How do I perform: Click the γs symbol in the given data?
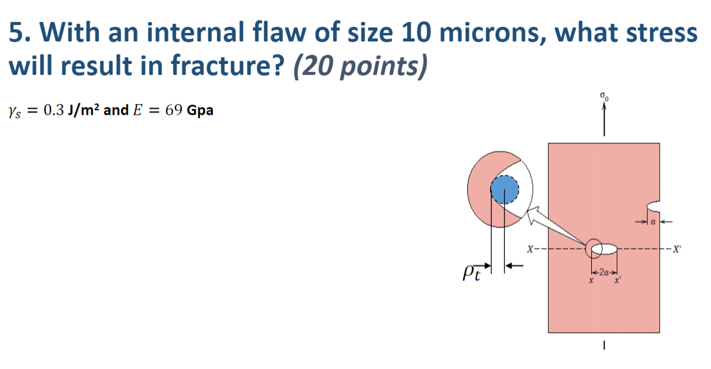click(x=15, y=112)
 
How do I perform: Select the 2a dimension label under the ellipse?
click(x=605, y=272)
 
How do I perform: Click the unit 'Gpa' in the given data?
click(x=201, y=111)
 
